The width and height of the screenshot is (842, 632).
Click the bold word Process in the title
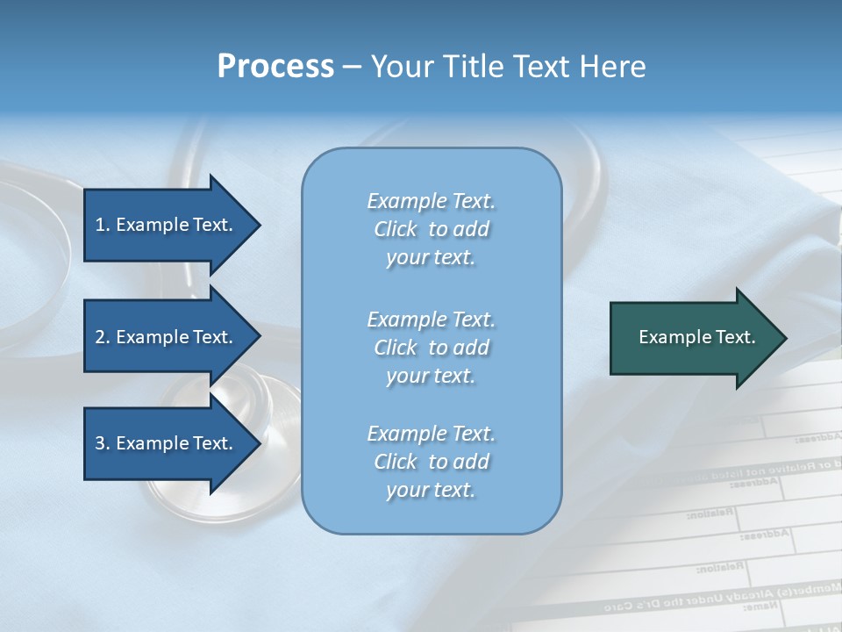pyautogui.click(x=275, y=67)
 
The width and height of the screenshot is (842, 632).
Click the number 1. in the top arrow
pyautogui.click(x=103, y=225)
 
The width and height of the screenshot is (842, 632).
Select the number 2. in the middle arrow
pyautogui.click(x=103, y=337)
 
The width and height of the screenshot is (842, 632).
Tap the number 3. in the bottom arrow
pyautogui.click(x=103, y=443)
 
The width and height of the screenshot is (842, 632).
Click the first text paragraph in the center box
pyautogui.click(x=431, y=229)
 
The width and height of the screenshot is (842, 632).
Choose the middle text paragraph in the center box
pyautogui.click(x=431, y=348)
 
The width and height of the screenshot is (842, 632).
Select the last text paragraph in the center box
pyautogui.click(x=431, y=462)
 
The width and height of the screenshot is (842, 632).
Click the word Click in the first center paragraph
pyautogui.click(x=396, y=229)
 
